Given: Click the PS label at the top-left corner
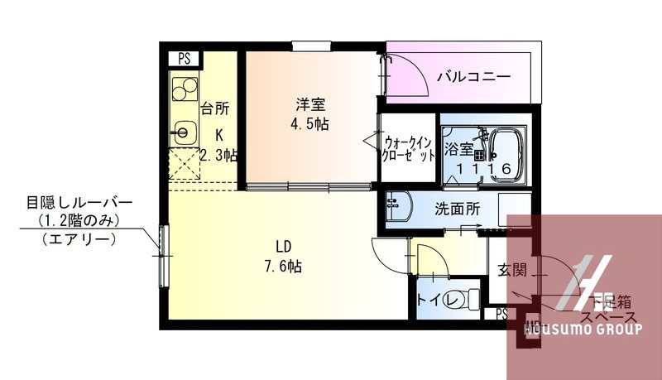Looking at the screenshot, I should [x=185, y=59].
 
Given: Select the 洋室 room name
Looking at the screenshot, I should [x=311, y=105].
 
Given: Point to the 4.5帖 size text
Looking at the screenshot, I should [x=311, y=125].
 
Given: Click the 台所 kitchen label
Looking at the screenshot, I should [x=214, y=108].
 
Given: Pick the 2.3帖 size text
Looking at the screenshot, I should [x=219, y=154].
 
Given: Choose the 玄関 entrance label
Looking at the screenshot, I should [x=512, y=270].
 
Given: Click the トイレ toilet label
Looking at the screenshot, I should [x=439, y=300].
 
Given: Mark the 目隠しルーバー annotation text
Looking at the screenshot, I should [x=79, y=203].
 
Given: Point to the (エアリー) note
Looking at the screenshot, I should [x=78, y=240].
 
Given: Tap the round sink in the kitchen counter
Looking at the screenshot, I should [x=184, y=130].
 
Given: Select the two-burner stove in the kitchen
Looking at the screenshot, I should [x=184, y=87].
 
